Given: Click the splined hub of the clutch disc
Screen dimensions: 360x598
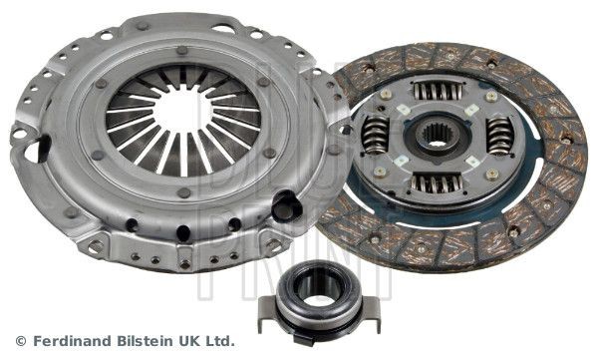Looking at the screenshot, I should (x=434, y=137).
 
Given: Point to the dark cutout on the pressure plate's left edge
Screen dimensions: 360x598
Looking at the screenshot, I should (x=39, y=150).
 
